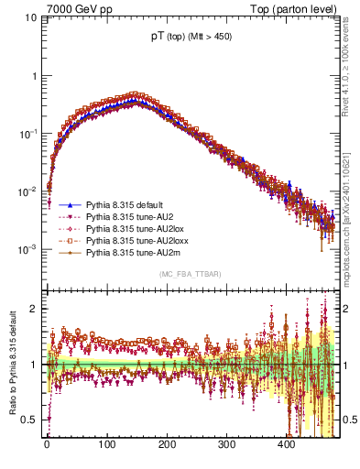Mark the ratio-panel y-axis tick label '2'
pos(33,308)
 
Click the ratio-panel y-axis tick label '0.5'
pos(28,420)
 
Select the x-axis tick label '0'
pos(47,443)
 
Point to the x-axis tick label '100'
pos(106,443)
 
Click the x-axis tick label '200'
pos(167,443)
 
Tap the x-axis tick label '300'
pos(226,443)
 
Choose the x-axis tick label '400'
pos(286,443)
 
